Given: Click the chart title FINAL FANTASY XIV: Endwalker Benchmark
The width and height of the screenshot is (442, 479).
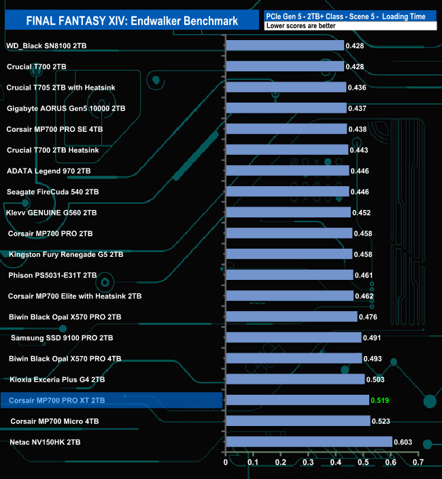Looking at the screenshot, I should pos(132,20).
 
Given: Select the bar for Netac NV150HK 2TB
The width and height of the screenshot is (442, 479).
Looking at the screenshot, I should pos(309,442).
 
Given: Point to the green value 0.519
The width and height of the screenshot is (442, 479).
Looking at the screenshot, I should pos(379,401).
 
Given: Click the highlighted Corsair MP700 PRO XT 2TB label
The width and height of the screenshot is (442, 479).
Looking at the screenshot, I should pos(57,401).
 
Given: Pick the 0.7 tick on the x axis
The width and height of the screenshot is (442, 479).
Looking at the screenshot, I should pos(418,463).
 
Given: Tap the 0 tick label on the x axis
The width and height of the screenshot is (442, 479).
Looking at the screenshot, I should pos(226,463).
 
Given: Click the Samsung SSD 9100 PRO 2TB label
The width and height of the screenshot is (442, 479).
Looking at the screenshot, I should pos(62,338).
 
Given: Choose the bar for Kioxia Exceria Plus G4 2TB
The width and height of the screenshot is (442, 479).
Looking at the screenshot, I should pos(295,380).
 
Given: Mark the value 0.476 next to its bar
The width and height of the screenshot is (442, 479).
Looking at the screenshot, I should pos(369,317).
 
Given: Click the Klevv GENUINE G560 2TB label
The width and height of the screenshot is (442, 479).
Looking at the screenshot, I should pos(51,213).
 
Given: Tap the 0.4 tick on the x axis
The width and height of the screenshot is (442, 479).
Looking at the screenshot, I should pos(336,463).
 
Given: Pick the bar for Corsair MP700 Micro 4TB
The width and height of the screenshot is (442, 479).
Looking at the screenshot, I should pos(298,421).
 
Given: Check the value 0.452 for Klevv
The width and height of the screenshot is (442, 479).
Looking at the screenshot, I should pos(361,213).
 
